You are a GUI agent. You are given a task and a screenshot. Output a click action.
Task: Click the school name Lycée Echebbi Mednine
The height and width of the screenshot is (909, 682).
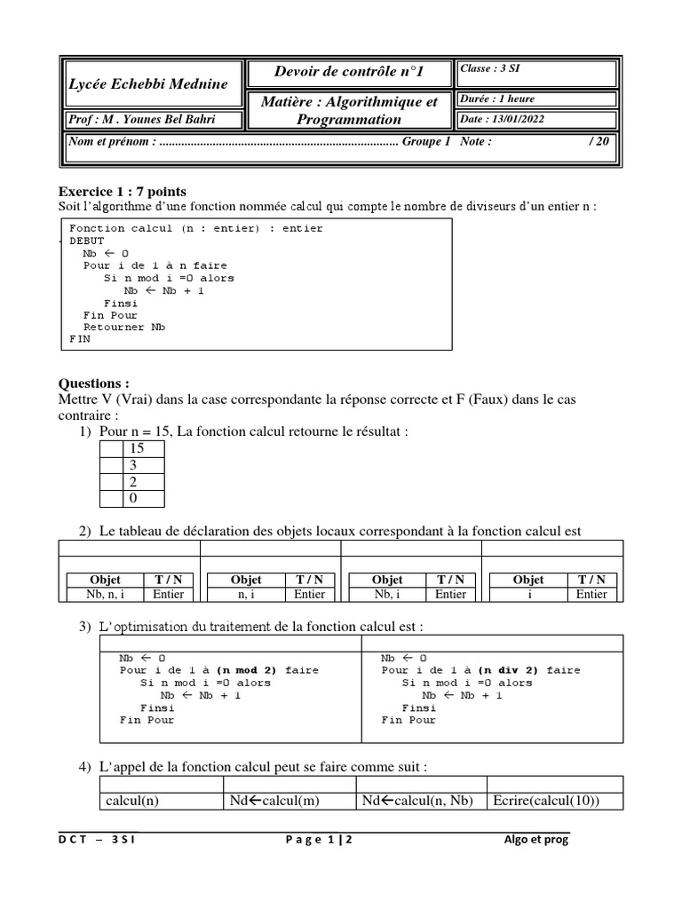148,83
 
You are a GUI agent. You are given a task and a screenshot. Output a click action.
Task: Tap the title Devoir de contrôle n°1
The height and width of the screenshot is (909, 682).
349,73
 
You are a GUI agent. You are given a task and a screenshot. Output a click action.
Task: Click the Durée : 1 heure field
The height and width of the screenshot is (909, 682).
497,99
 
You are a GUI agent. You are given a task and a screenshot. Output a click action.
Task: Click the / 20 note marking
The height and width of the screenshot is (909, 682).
598,141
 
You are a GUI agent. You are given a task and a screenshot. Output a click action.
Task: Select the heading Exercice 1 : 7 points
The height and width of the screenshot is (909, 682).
123,192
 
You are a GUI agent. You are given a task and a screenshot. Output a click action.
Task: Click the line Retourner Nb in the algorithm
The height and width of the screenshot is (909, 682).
124,327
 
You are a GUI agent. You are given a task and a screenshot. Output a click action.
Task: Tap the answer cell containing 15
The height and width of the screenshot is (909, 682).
137,449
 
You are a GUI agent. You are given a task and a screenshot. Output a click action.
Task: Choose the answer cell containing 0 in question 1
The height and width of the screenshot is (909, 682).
137,498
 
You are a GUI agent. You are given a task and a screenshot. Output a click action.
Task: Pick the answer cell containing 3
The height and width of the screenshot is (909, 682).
137,465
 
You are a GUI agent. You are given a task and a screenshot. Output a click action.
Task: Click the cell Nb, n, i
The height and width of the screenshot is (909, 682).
100,594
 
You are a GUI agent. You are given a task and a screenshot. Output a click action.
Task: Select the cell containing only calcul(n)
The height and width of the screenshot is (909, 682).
132,801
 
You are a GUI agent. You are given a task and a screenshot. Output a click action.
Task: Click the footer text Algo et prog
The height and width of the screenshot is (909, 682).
535,840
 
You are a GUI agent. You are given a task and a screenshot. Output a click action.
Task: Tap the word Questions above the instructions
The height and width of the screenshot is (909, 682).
93,383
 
